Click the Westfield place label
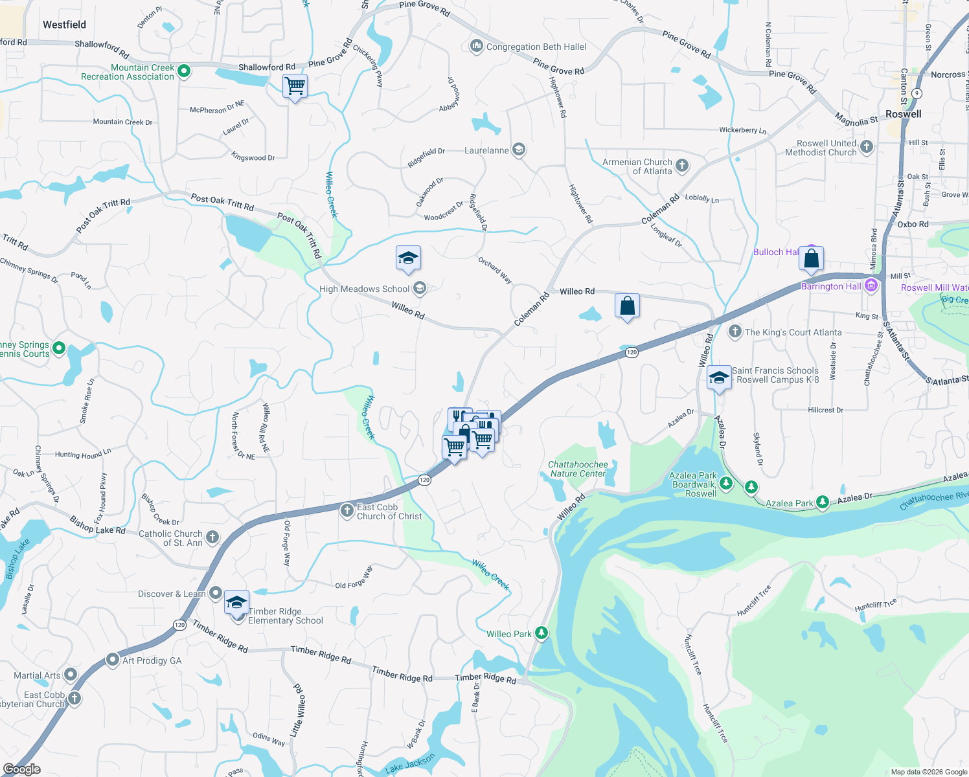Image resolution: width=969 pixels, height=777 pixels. [64, 25]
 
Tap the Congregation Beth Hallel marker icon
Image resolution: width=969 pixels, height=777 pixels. [476, 46]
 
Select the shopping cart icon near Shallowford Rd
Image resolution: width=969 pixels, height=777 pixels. [295, 85]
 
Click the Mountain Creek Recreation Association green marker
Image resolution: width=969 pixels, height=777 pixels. [183, 71]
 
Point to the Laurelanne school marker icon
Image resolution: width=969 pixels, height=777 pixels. [518, 150]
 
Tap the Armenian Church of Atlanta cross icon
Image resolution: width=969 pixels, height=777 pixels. [681, 166]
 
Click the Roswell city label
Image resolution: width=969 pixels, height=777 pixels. [903, 114]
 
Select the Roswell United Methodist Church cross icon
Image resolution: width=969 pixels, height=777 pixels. [866, 147]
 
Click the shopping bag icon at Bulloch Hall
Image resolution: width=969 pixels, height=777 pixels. [811, 259]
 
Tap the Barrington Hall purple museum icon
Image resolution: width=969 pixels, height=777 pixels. [871, 286]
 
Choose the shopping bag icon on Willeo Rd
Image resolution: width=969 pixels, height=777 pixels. [627, 306]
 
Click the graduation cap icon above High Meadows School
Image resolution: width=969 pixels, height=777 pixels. [408, 259]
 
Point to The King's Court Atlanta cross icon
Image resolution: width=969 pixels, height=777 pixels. [735, 332]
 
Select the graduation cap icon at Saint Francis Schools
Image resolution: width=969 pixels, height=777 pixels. [718, 378]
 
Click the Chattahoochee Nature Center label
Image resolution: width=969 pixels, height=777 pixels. [578, 469]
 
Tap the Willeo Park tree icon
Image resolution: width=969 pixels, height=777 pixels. [541, 633]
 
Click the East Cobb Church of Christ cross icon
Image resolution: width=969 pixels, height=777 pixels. [347, 511]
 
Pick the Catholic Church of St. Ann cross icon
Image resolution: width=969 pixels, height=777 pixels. [212, 537]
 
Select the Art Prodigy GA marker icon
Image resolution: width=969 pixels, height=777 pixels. [113, 660]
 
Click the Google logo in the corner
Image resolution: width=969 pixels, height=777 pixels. [22, 769]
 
